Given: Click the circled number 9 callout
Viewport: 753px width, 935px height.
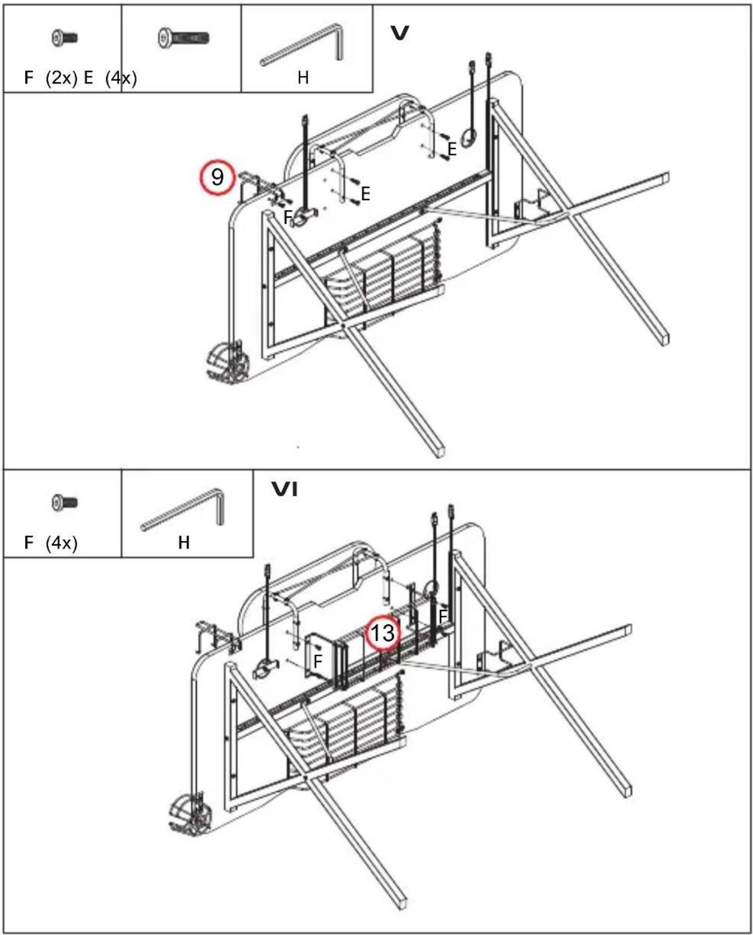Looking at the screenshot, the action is tap(217, 177).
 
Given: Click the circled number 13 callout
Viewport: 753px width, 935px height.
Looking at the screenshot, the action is tap(383, 633).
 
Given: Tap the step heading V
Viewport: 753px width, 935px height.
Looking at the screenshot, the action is tap(399, 33).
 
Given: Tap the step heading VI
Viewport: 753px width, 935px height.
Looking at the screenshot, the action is tap(285, 489).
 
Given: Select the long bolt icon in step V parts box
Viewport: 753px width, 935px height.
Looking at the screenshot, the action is tap(183, 38).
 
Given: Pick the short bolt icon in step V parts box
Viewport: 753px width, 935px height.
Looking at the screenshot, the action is tap(65, 38).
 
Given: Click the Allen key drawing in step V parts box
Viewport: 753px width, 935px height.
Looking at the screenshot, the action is tap(302, 45).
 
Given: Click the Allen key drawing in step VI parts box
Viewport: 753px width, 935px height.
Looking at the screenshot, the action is tap(183, 509).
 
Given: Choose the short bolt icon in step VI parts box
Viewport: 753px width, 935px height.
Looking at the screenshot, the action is tap(65, 503).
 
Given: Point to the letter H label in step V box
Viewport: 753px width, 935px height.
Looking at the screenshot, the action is tap(303, 78).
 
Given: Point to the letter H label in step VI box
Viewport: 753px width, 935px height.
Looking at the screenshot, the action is tap(184, 542).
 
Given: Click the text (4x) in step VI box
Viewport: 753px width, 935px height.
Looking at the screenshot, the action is tap(61, 543).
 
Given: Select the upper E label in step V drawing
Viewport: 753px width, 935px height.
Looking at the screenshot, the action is tap(452, 149).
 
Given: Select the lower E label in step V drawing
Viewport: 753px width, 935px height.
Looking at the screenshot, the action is tap(365, 194).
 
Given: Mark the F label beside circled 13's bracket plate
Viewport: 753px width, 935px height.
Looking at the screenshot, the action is tap(318, 661).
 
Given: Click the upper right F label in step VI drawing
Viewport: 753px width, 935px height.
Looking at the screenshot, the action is tap(443, 616).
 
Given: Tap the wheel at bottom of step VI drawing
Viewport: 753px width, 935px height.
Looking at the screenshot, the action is tap(190, 814).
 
